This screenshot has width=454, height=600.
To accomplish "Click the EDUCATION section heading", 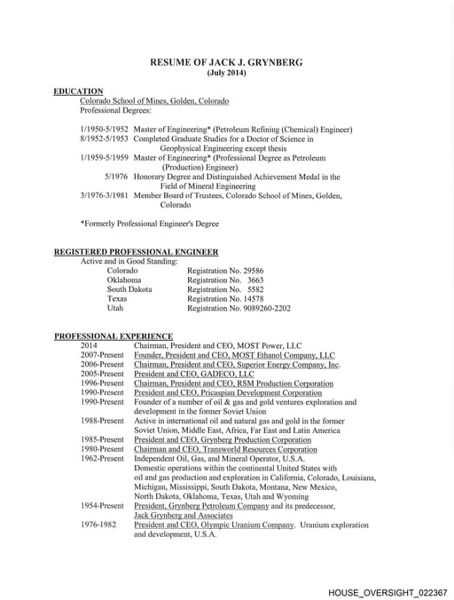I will pyautogui.click(x=78, y=91).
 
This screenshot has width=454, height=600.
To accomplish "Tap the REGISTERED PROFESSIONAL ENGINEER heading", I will pyautogui.click(x=136, y=252).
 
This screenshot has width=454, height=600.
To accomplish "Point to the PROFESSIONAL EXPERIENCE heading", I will pyautogui.click(x=113, y=336).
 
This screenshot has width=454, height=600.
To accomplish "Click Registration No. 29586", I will pyautogui.click(x=225, y=271).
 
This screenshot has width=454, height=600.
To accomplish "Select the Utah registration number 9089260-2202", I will pyautogui.click(x=239, y=308).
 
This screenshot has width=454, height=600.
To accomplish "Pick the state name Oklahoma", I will pyautogui.click(x=123, y=280).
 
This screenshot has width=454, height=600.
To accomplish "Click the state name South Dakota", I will pyautogui.click(x=129, y=289).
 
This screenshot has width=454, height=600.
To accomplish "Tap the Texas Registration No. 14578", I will pyautogui.click(x=225, y=299).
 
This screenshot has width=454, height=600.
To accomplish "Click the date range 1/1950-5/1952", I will pyautogui.click(x=104, y=130).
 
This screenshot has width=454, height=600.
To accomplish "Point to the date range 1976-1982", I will pyautogui.click(x=98, y=525).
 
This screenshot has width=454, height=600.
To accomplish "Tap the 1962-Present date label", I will pyautogui.click(x=102, y=458).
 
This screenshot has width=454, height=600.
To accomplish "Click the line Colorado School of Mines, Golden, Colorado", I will pyautogui.click(x=154, y=101).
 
